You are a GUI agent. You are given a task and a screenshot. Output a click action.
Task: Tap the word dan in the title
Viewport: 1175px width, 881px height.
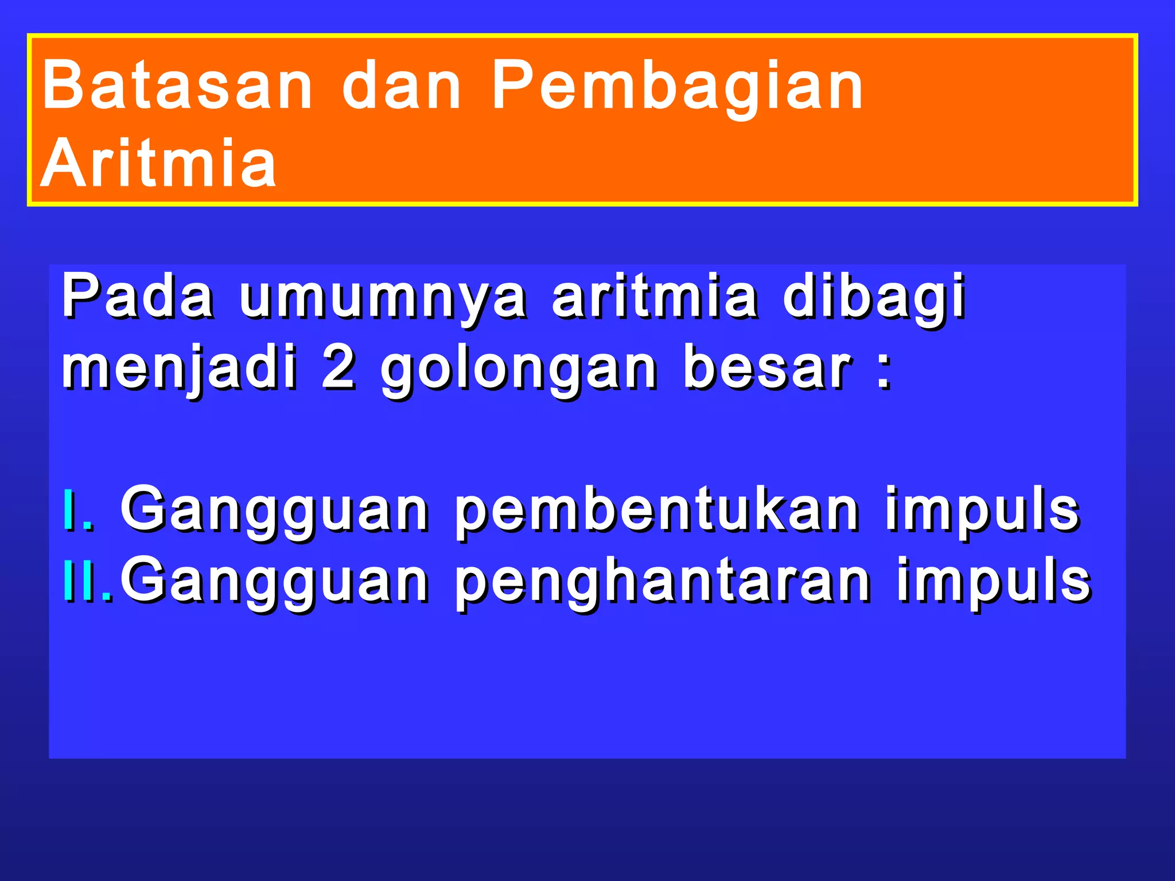pos(402,85)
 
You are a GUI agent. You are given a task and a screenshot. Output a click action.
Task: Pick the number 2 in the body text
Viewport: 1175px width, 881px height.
pos(339,367)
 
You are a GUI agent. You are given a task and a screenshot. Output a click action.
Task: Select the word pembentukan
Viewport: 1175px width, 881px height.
pos(657,510)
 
